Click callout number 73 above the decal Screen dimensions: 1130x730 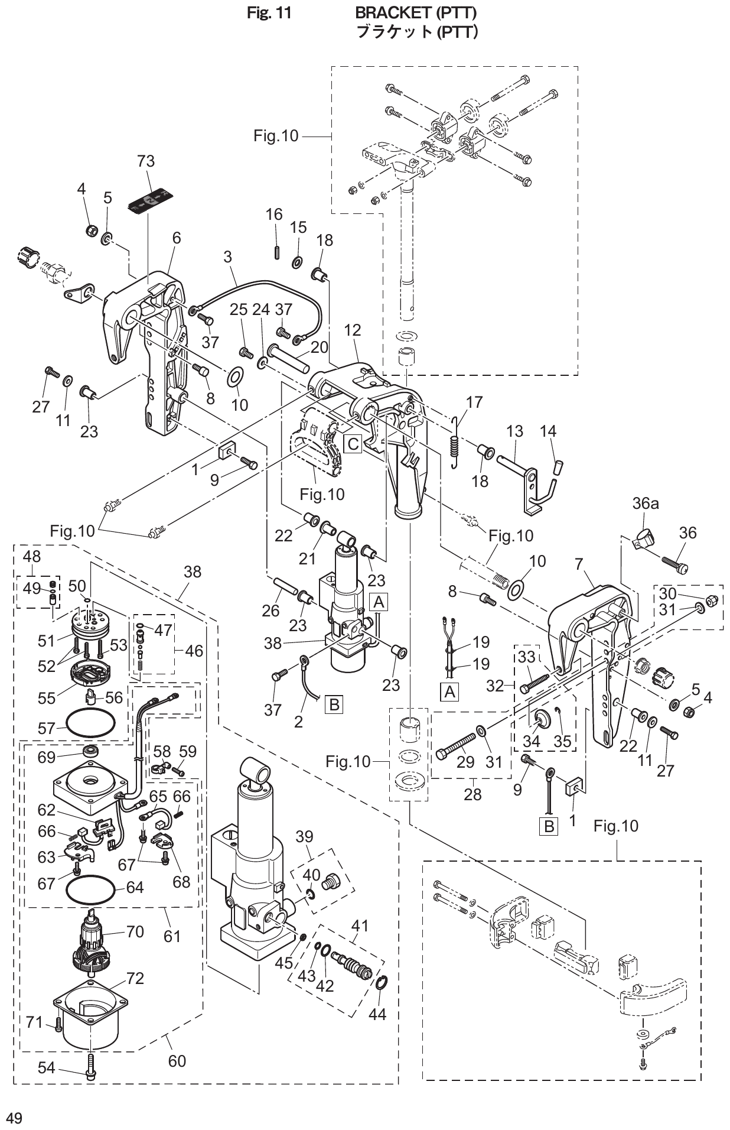pos(145,161)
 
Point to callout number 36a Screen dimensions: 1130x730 pos(645,504)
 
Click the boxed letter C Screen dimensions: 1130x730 pos(353,443)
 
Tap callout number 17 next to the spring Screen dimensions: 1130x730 pos(474,402)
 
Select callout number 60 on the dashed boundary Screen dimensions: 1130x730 pos(177,1061)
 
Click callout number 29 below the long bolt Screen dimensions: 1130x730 pos(465,762)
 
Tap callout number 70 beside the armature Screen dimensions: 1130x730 pos(135,932)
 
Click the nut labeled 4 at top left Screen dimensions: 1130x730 pos(92,229)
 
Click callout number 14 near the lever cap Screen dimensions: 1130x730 pos(548,431)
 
